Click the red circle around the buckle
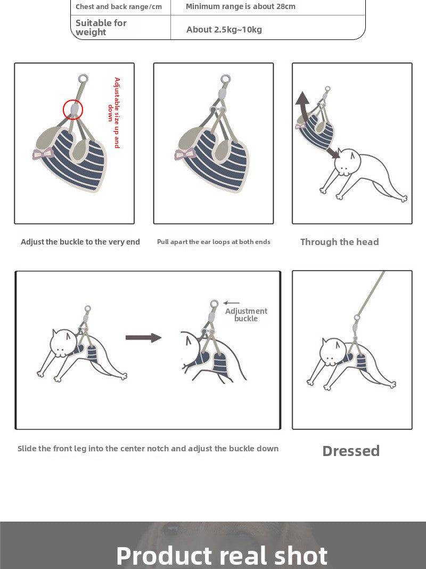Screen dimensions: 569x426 point(73,110)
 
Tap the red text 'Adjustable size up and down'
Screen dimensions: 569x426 point(114,112)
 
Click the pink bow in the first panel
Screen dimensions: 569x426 point(43,154)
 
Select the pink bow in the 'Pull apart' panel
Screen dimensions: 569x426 point(185,155)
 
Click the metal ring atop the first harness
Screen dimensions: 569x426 point(83,79)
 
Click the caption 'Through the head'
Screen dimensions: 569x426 point(339,242)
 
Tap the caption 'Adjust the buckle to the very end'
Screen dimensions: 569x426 point(80,242)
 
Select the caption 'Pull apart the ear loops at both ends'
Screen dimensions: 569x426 point(214,242)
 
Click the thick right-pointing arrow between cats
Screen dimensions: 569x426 point(143,337)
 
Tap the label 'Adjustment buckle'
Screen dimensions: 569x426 point(246,315)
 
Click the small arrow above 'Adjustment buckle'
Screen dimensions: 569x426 point(232,303)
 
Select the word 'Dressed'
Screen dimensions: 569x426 point(351,451)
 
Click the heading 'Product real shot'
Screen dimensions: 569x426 point(222,555)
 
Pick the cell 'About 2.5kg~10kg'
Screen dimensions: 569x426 point(224,29)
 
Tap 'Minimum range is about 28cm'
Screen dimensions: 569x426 point(241,6)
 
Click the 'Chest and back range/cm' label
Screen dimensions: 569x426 point(118,6)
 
